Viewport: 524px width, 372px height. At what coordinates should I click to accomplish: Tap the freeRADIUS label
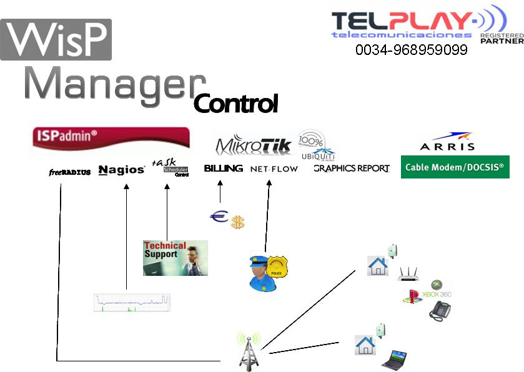[x=70, y=172]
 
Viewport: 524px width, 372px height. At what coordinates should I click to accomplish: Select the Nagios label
[x=122, y=170]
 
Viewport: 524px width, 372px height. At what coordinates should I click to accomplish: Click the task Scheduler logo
[x=170, y=167]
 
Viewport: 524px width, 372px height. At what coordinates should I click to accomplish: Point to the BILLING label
[x=223, y=169]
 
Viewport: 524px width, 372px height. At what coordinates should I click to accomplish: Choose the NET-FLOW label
[x=274, y=169]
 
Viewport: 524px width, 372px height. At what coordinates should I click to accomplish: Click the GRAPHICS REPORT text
[x=351, y=169]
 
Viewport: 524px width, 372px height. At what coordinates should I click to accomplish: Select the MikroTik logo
[x=254, y=145]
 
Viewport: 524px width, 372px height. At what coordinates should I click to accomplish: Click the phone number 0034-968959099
[x=411, y=50]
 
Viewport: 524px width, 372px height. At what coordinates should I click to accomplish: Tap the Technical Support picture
[x=175, y=258]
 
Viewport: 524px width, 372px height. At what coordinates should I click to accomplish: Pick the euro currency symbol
[x=219, y=217]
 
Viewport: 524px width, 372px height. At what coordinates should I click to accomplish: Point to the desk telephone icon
[x=440, y=310]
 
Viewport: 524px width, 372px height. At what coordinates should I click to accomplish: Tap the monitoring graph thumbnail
[x=132, y=302]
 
